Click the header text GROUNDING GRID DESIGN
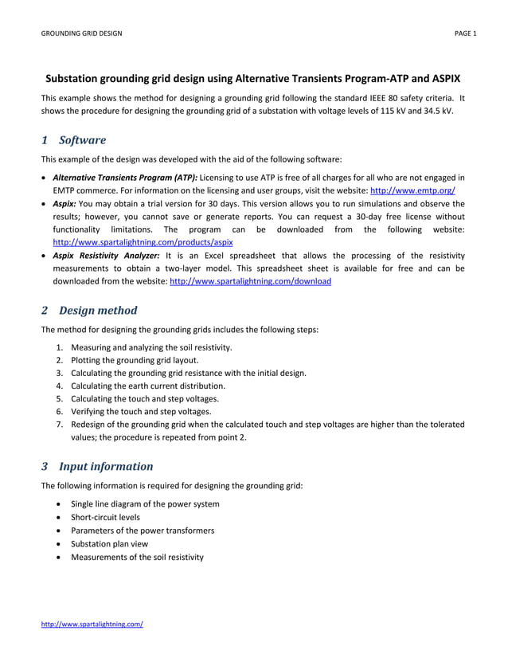pyautogui.click(x=81, y=33)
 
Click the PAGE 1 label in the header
pyautogui.click(x=465, y=33)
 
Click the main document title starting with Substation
pyautogui.click(x=252, y=80)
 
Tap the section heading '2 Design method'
pyautogui.click(x=89, y=310)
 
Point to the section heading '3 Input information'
pyautogui.click(x=97, y=466)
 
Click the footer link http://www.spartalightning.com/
pyautogui.click(x=92, y=624)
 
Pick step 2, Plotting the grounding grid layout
pyautogui.click(x=135, y=360)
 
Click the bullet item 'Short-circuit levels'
pyautogui.click(x=105, y=517)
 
